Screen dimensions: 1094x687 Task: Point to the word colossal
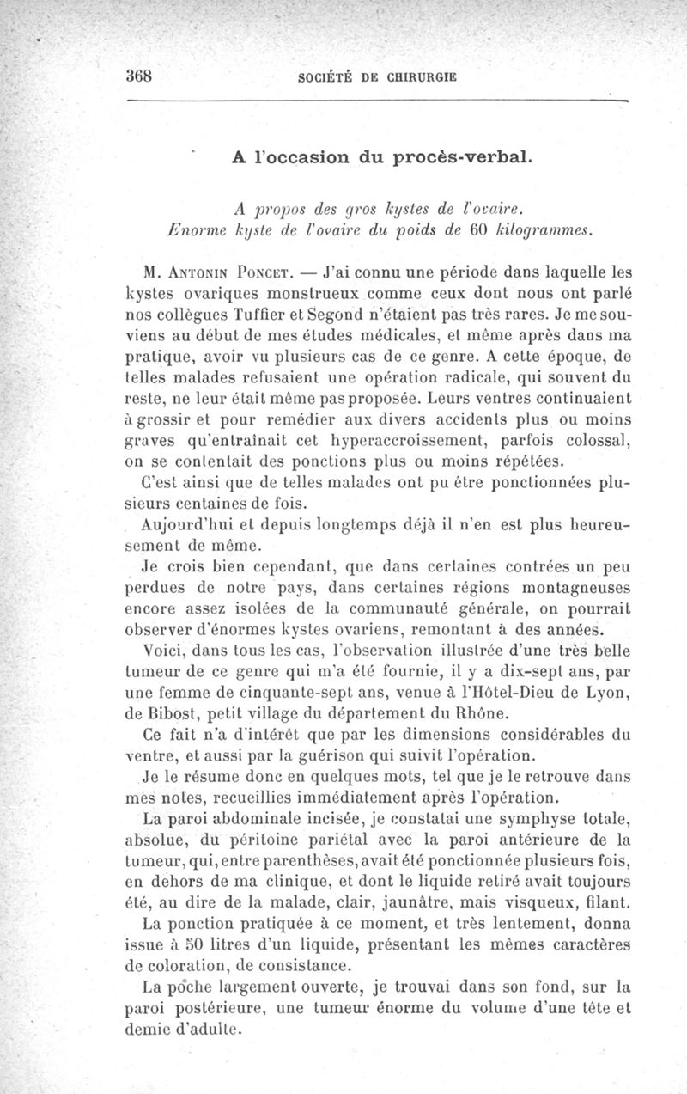(x=597, y=441)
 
